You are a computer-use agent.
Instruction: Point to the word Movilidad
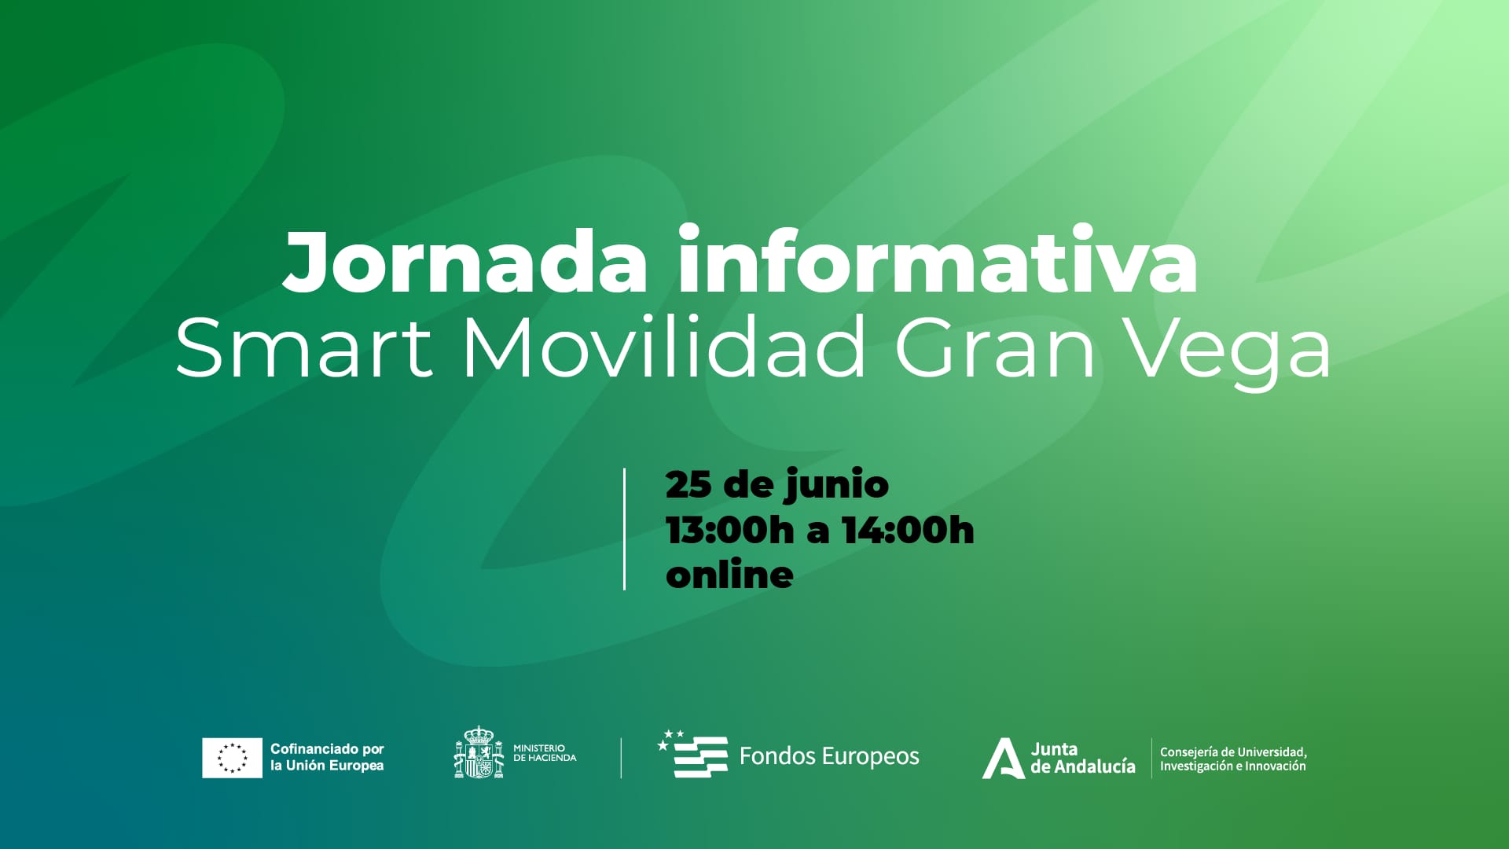663,347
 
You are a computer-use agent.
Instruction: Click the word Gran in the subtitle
995,347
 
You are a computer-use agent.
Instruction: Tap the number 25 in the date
688,484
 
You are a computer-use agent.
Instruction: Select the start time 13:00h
729,530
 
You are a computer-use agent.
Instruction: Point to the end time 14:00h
908,530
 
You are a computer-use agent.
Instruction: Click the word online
729,575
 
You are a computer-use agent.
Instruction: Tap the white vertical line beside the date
624,529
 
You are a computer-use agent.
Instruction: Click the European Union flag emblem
232,758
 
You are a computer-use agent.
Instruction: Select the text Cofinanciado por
327,749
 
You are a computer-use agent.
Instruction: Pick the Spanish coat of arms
479,754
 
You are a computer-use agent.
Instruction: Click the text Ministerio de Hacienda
544,753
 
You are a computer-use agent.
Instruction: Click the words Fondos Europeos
829,756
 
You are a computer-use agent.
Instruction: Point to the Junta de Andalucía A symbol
1003,759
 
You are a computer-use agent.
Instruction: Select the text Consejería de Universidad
1232,752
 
